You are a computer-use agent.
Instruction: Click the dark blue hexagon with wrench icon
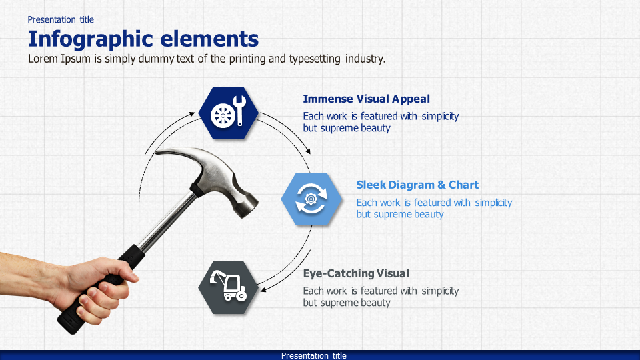pyautogui.click(x=229, y=113)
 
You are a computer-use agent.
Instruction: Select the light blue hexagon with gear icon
pyautogui.click(x=311, y=199)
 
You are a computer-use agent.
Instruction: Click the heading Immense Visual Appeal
pyautogui.click(x=366, y=99)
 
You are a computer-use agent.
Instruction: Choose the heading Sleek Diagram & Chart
pyautogui.click(x=417, y=185)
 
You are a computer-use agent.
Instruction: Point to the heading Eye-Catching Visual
pyautogui.click(x=355, y=273)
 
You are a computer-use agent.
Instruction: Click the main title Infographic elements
pyautogui.click(x=143, y=38)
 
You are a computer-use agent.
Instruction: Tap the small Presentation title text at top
pyautogui.click(x=61, y=19)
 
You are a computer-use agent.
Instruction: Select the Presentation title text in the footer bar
pyautogui.click(x=313, y=355)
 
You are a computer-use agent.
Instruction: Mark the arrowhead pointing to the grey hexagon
pyautogui.click(x=263, y=289)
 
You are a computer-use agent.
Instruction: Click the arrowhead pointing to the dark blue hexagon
pyautogui.click(x=193, y=114)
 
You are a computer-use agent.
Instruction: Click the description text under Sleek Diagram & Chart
pyautogui.click(x=433, y=208)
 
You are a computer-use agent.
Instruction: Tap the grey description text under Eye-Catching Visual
pyautogui.click(x=380, y=297)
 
